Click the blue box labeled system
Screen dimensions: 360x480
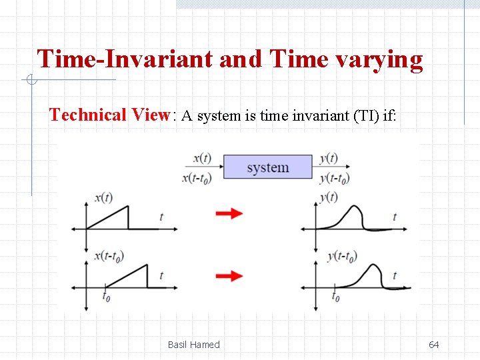point(267,167)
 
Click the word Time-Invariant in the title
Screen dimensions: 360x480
point(125,59)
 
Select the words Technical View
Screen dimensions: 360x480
point(110,115)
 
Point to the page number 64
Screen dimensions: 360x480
point(433,345)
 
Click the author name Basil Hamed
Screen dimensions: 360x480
point(193,345)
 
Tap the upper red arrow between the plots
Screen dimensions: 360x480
point(229,213)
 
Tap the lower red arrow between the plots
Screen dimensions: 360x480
point(229,275)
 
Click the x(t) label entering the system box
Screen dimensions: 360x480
point(201,159)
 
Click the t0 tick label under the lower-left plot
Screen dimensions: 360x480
point(106,297)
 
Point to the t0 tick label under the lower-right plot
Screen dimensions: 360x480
point(335,297)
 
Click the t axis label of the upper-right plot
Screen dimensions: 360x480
point(395,217)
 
